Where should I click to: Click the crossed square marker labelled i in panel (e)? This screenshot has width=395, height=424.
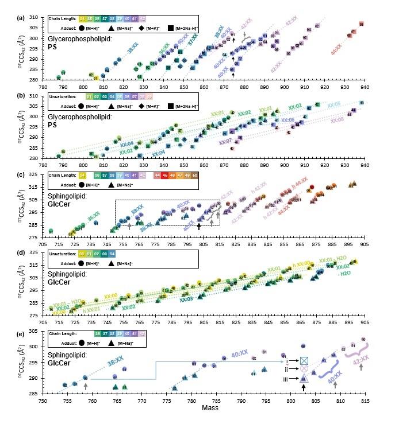tap(304, 360)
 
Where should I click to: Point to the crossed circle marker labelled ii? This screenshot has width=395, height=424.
tap(304, 369)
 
